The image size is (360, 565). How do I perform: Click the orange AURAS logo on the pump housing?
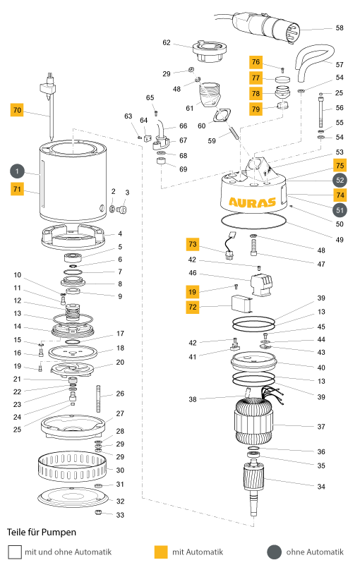(x=252, y=202)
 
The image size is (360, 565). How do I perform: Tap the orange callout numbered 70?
(x=17, y=110)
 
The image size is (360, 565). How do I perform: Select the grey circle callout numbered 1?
(x=18, y=171)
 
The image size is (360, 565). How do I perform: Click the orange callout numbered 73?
(x=193, y=244)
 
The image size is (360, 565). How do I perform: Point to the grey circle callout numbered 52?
(x=340, y=181)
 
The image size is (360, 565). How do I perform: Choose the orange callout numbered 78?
(x=256, y=93)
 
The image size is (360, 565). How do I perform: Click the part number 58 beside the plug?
(x=340, y=28)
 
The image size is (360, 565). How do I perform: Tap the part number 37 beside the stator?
(x=321, y=427)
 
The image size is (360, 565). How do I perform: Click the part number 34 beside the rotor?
(x=321, y=487)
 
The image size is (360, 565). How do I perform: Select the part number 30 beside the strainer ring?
(x=120, y=470)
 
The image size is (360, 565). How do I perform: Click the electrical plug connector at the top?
(x=267, y=26)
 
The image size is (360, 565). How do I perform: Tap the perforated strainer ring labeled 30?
(x=73, y=467)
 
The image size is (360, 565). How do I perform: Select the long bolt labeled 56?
(x=320, y=111)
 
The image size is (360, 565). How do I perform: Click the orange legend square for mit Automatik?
(x=161, y=552)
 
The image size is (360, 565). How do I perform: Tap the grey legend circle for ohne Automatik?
(x=274, y=552)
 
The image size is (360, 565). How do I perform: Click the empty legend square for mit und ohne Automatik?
(x=15, y=552)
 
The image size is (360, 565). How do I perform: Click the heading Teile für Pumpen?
(x=42, y=533)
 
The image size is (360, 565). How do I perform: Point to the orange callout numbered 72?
(x=193, y=307)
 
